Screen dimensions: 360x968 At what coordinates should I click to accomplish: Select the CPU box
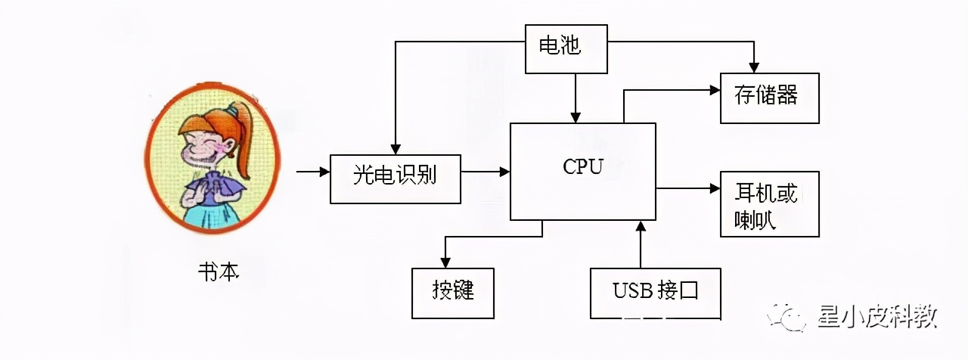582,171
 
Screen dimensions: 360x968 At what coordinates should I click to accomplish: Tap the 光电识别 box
395,178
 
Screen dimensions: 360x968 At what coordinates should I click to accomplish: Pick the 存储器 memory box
769,98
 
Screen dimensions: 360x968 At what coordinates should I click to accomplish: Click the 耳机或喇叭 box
769,203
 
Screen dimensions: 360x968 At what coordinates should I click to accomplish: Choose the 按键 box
452,293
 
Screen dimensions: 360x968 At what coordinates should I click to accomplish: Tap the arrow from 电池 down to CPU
576,98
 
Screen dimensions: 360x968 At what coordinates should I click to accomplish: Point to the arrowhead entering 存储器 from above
753,67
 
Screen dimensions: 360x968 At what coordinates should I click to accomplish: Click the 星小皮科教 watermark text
877,316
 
